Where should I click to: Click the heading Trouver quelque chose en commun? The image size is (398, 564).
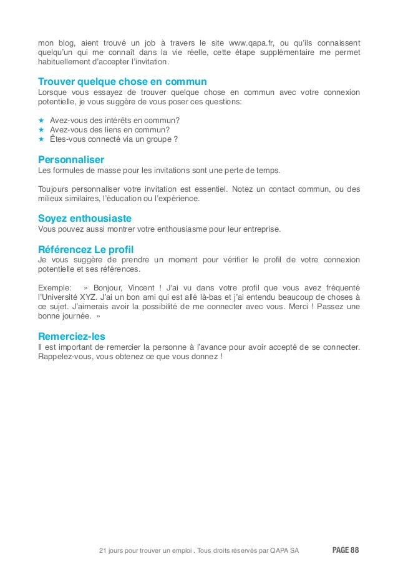point(122,82)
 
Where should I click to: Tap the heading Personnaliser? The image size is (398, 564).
point(71,159)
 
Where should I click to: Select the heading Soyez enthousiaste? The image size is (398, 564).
point(85,218)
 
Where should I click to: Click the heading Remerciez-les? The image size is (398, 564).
point(72,335)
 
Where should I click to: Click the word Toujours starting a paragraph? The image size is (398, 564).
point(54,189)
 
